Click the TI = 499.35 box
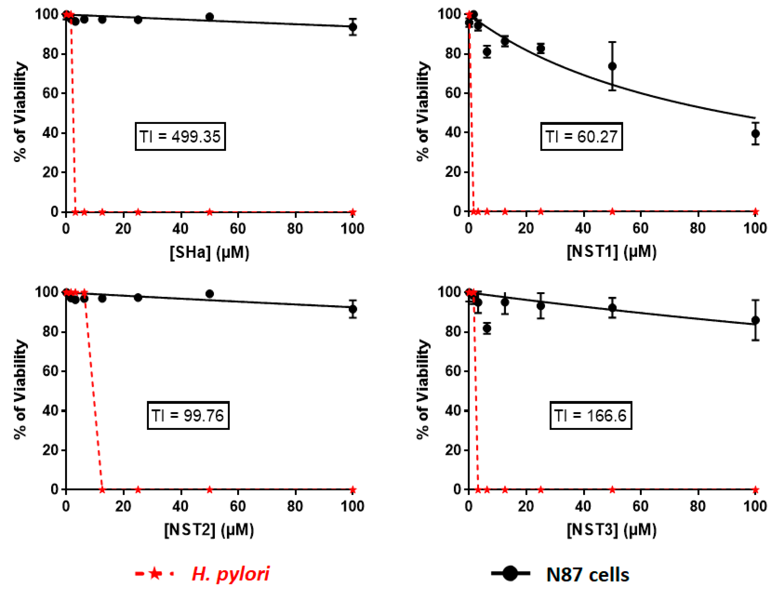coord(180,136)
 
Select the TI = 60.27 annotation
coord(581,136)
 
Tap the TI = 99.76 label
coord(188,416)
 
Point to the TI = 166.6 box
coord(590,416)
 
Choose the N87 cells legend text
coord(587,574)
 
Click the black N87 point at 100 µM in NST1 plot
coord(755,133)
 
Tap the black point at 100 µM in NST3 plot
coord(755,321)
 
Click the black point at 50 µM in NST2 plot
coord(210,294)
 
